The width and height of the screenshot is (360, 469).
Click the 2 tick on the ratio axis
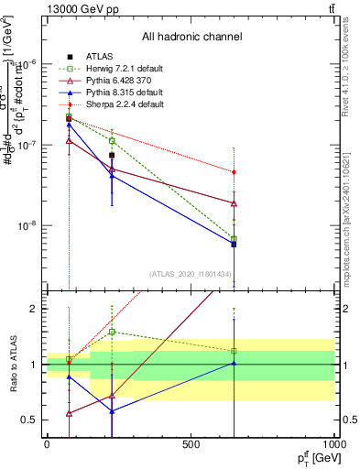pos(34,309)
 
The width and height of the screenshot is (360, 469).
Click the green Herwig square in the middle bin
pos(112,141)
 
